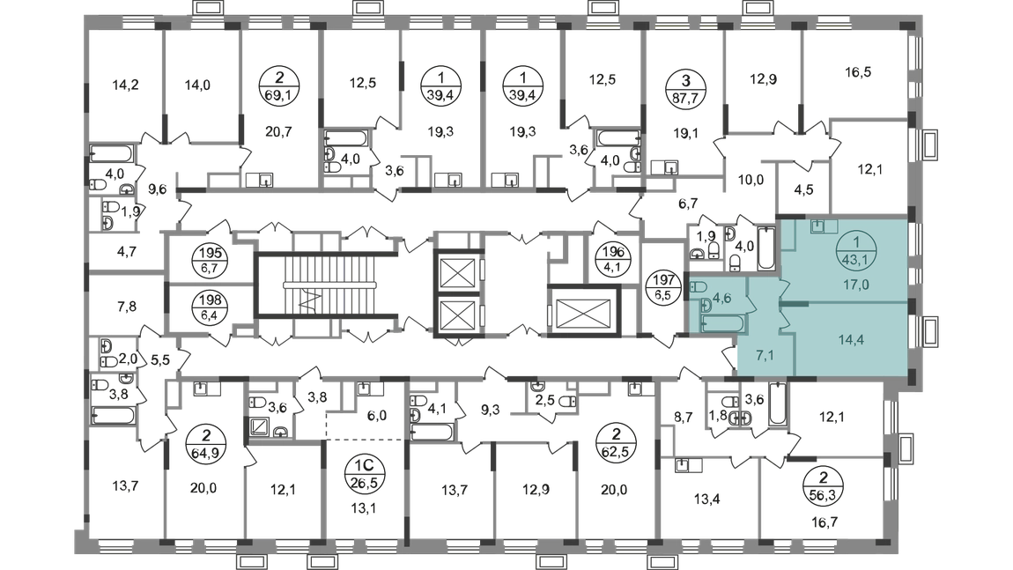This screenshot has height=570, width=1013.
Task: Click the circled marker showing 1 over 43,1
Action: [x=851, y=248]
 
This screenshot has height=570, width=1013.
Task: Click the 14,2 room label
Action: [x=127, y=86]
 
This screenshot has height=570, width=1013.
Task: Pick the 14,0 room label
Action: [x=196, y=85]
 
